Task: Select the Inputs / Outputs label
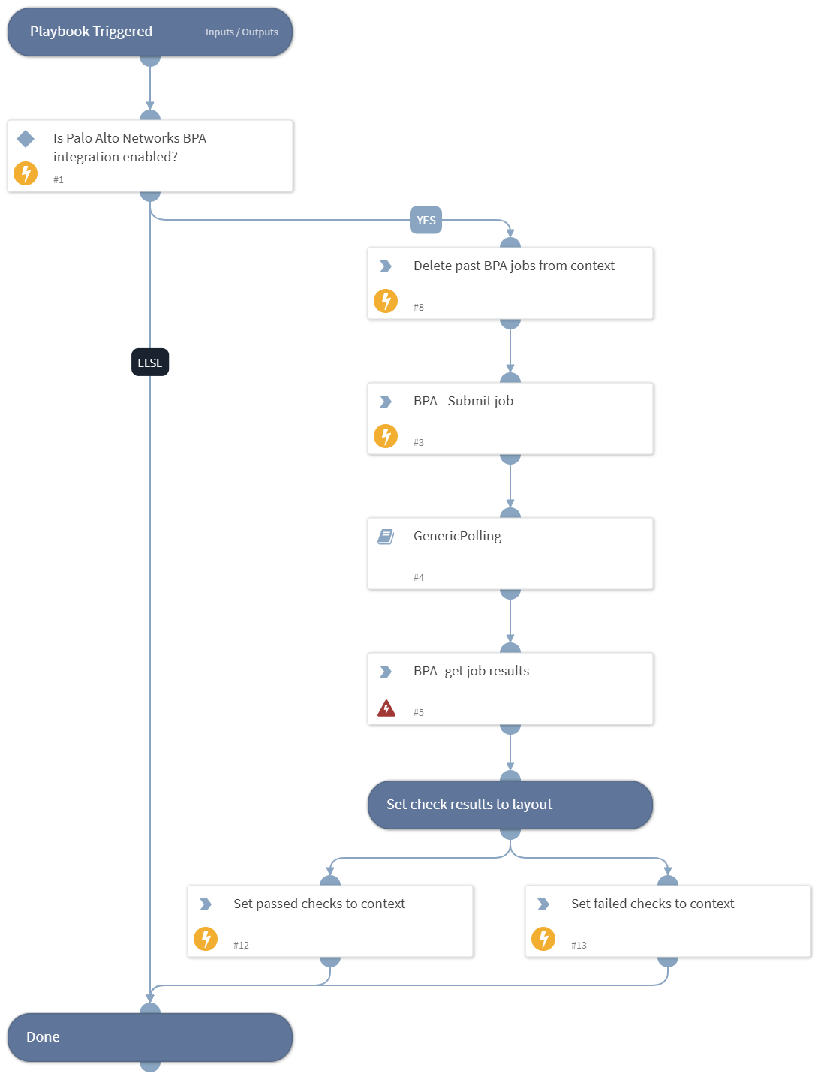click(242, 32)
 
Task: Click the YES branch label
click(426, 220)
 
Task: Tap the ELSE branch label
click(150, 363)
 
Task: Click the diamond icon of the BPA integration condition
click(26, 139)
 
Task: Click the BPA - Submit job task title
click(463, 401)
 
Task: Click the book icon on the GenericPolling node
click(386, 537)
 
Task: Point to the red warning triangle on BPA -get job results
click(386, 708)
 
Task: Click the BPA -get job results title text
click(471, 671)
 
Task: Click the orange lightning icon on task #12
click(206, 939)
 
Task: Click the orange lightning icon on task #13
click(543, 939)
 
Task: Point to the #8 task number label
click(419, 308)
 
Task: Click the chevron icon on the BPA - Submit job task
click(386, 402)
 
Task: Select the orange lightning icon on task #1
click(26, 173)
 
